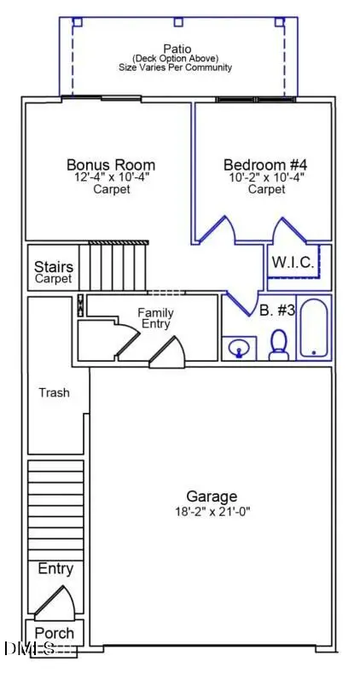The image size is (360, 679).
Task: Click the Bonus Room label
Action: pyautogui.click(x=111, y=165)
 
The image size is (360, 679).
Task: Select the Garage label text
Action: pyautogui.click(x=212, y=496)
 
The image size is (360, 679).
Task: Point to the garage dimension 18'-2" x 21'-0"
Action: pyautogui.click(x=212, y=512)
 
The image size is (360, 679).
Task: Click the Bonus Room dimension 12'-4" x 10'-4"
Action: pyautogui.click(x=111, y=178)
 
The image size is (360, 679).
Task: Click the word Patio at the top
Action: pyautogui.click(x=177, y=49)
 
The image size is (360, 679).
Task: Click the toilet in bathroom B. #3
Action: pyautogui.click(x=278, y=345)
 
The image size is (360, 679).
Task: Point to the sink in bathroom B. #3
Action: pyautogui.click(x=239, y=348)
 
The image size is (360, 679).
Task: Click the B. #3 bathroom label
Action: pyautogui.click(x=277, y=310)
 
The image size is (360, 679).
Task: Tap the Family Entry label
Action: pyautogui.click(x=155, y=319)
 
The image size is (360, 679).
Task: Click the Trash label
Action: pyautogui.click(x=54, y=393)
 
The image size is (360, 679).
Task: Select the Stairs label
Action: pyautogui.click(x=53, y=268)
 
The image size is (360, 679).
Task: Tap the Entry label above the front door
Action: pyautogui.click(x=55, y=569)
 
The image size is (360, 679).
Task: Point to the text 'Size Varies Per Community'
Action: pyautogui.click(x=177, y=67)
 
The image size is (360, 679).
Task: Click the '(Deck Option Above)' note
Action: pyautogui.click(x=177, y=59)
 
